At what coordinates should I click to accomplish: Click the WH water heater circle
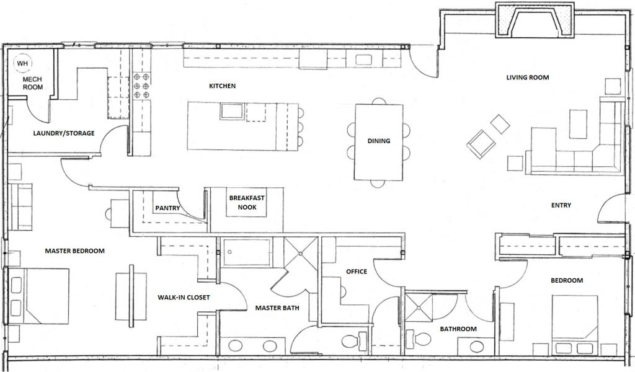(x=22, y=63)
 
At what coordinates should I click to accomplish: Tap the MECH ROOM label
(x=32, y=83)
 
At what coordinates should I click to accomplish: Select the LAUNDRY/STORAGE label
(x=64, y=133)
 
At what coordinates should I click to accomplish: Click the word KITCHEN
(x=223, y=86)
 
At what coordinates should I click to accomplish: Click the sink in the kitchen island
(x=232, y=112)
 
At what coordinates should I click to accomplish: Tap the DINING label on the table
(x=379, y=141)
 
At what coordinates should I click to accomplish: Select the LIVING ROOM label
(x=528, y=77)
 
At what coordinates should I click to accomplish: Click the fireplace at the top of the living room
(x=535, y=20)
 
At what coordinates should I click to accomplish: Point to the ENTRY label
(x=561, y=205)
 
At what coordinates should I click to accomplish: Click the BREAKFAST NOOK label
(x=247, y=202)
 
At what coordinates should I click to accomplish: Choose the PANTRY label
(x=167, y=208)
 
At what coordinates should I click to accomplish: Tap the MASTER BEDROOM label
(x=74, y=250)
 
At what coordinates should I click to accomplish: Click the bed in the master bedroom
(x=38, y=296)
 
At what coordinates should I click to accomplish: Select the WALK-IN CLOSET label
(x=184, y=297)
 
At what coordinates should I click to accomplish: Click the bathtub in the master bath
(x=246, y=252)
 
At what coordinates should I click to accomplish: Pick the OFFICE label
(x=357, y=271)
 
